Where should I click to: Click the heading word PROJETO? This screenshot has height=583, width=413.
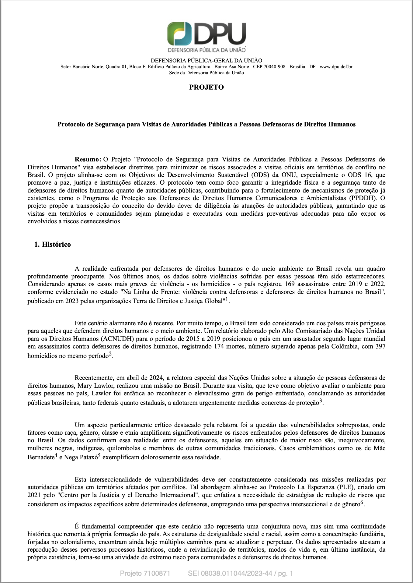click(206, 87)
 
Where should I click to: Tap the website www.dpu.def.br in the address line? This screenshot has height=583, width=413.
click(336, 67)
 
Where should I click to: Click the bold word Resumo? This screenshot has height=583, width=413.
click(88, 159)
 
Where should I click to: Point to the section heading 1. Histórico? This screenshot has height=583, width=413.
click(52, 244)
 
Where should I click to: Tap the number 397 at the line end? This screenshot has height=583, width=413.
click(380, 346)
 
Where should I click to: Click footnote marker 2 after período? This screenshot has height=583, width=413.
click(111, 354)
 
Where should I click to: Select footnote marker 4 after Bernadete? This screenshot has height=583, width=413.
click(56, 455)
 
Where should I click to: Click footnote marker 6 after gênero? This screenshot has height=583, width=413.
click(362, 502)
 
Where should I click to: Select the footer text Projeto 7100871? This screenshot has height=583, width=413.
click(145, 573)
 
